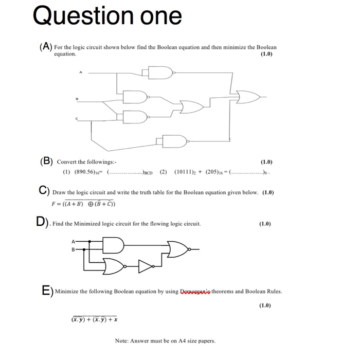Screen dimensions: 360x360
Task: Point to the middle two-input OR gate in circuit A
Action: tap(191, 107)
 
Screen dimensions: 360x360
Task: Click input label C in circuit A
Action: tap(78, 119)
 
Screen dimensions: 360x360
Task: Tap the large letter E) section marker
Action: tap(46, 290)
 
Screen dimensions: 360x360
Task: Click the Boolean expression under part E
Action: tap(95, 319)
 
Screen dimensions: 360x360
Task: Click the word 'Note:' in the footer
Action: tap(124, 340)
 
